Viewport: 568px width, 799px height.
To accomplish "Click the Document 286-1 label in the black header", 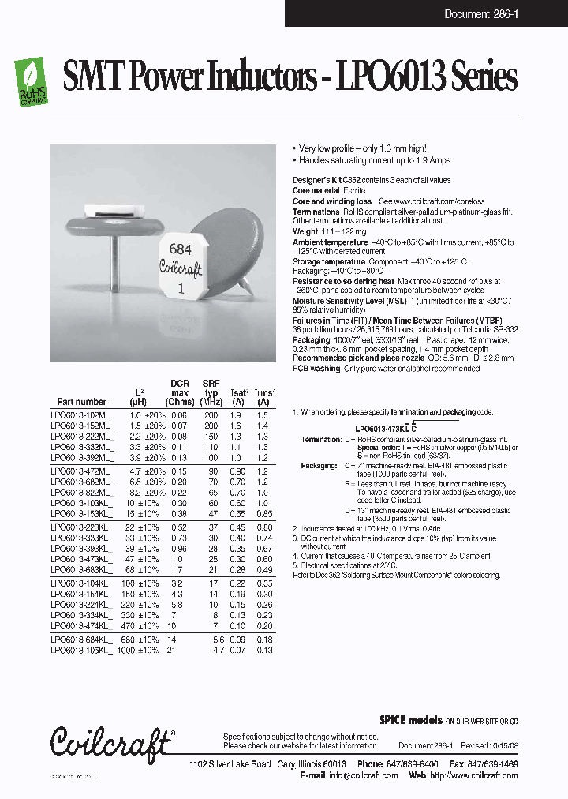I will [x=480, y=14].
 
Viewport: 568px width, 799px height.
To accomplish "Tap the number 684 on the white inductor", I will [x=181, y=249].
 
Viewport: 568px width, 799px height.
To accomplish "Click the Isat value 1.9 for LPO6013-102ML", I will [x=235, y=415].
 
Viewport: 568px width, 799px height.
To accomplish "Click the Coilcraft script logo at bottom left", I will [x=110, y=741].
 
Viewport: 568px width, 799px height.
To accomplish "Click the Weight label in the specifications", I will [x=305, y=231].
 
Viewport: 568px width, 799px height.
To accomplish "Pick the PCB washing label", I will [x=316, y=369].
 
